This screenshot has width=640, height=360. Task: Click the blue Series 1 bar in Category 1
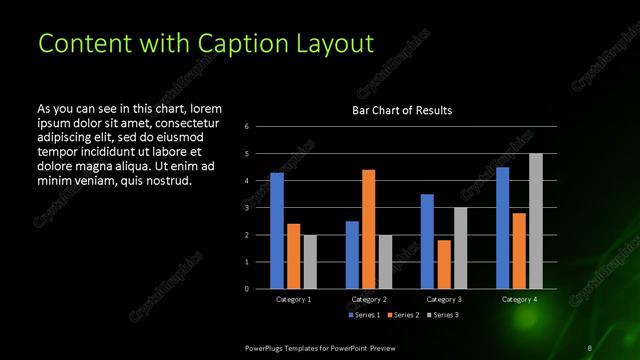pyautogui.click(x=277, y=230)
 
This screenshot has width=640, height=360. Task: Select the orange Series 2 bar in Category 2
pyautogui.click(x=369, y=228)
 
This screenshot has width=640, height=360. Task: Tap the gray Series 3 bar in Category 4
pyautogui.click(x=535, y=221)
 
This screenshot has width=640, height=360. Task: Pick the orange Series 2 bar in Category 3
pyautogui.click(x=444, y=264)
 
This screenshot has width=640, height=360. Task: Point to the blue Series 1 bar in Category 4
pyautogui.click(x=502, y=227)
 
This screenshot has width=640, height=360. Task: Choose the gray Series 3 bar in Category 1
pyautogui.click(x=310, y=261)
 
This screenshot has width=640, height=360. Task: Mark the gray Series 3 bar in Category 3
pyautogui.click(x=460, y=247)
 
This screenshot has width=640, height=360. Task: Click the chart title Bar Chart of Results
pyautogui.click(x=402, y=110)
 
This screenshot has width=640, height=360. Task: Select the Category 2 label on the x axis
pyautogui.click(x=368, y=299)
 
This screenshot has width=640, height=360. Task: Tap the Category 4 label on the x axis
pyautogui.click(x=518, y=299)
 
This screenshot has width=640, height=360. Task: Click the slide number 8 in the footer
pyautogui.click(x=590, y=347)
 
